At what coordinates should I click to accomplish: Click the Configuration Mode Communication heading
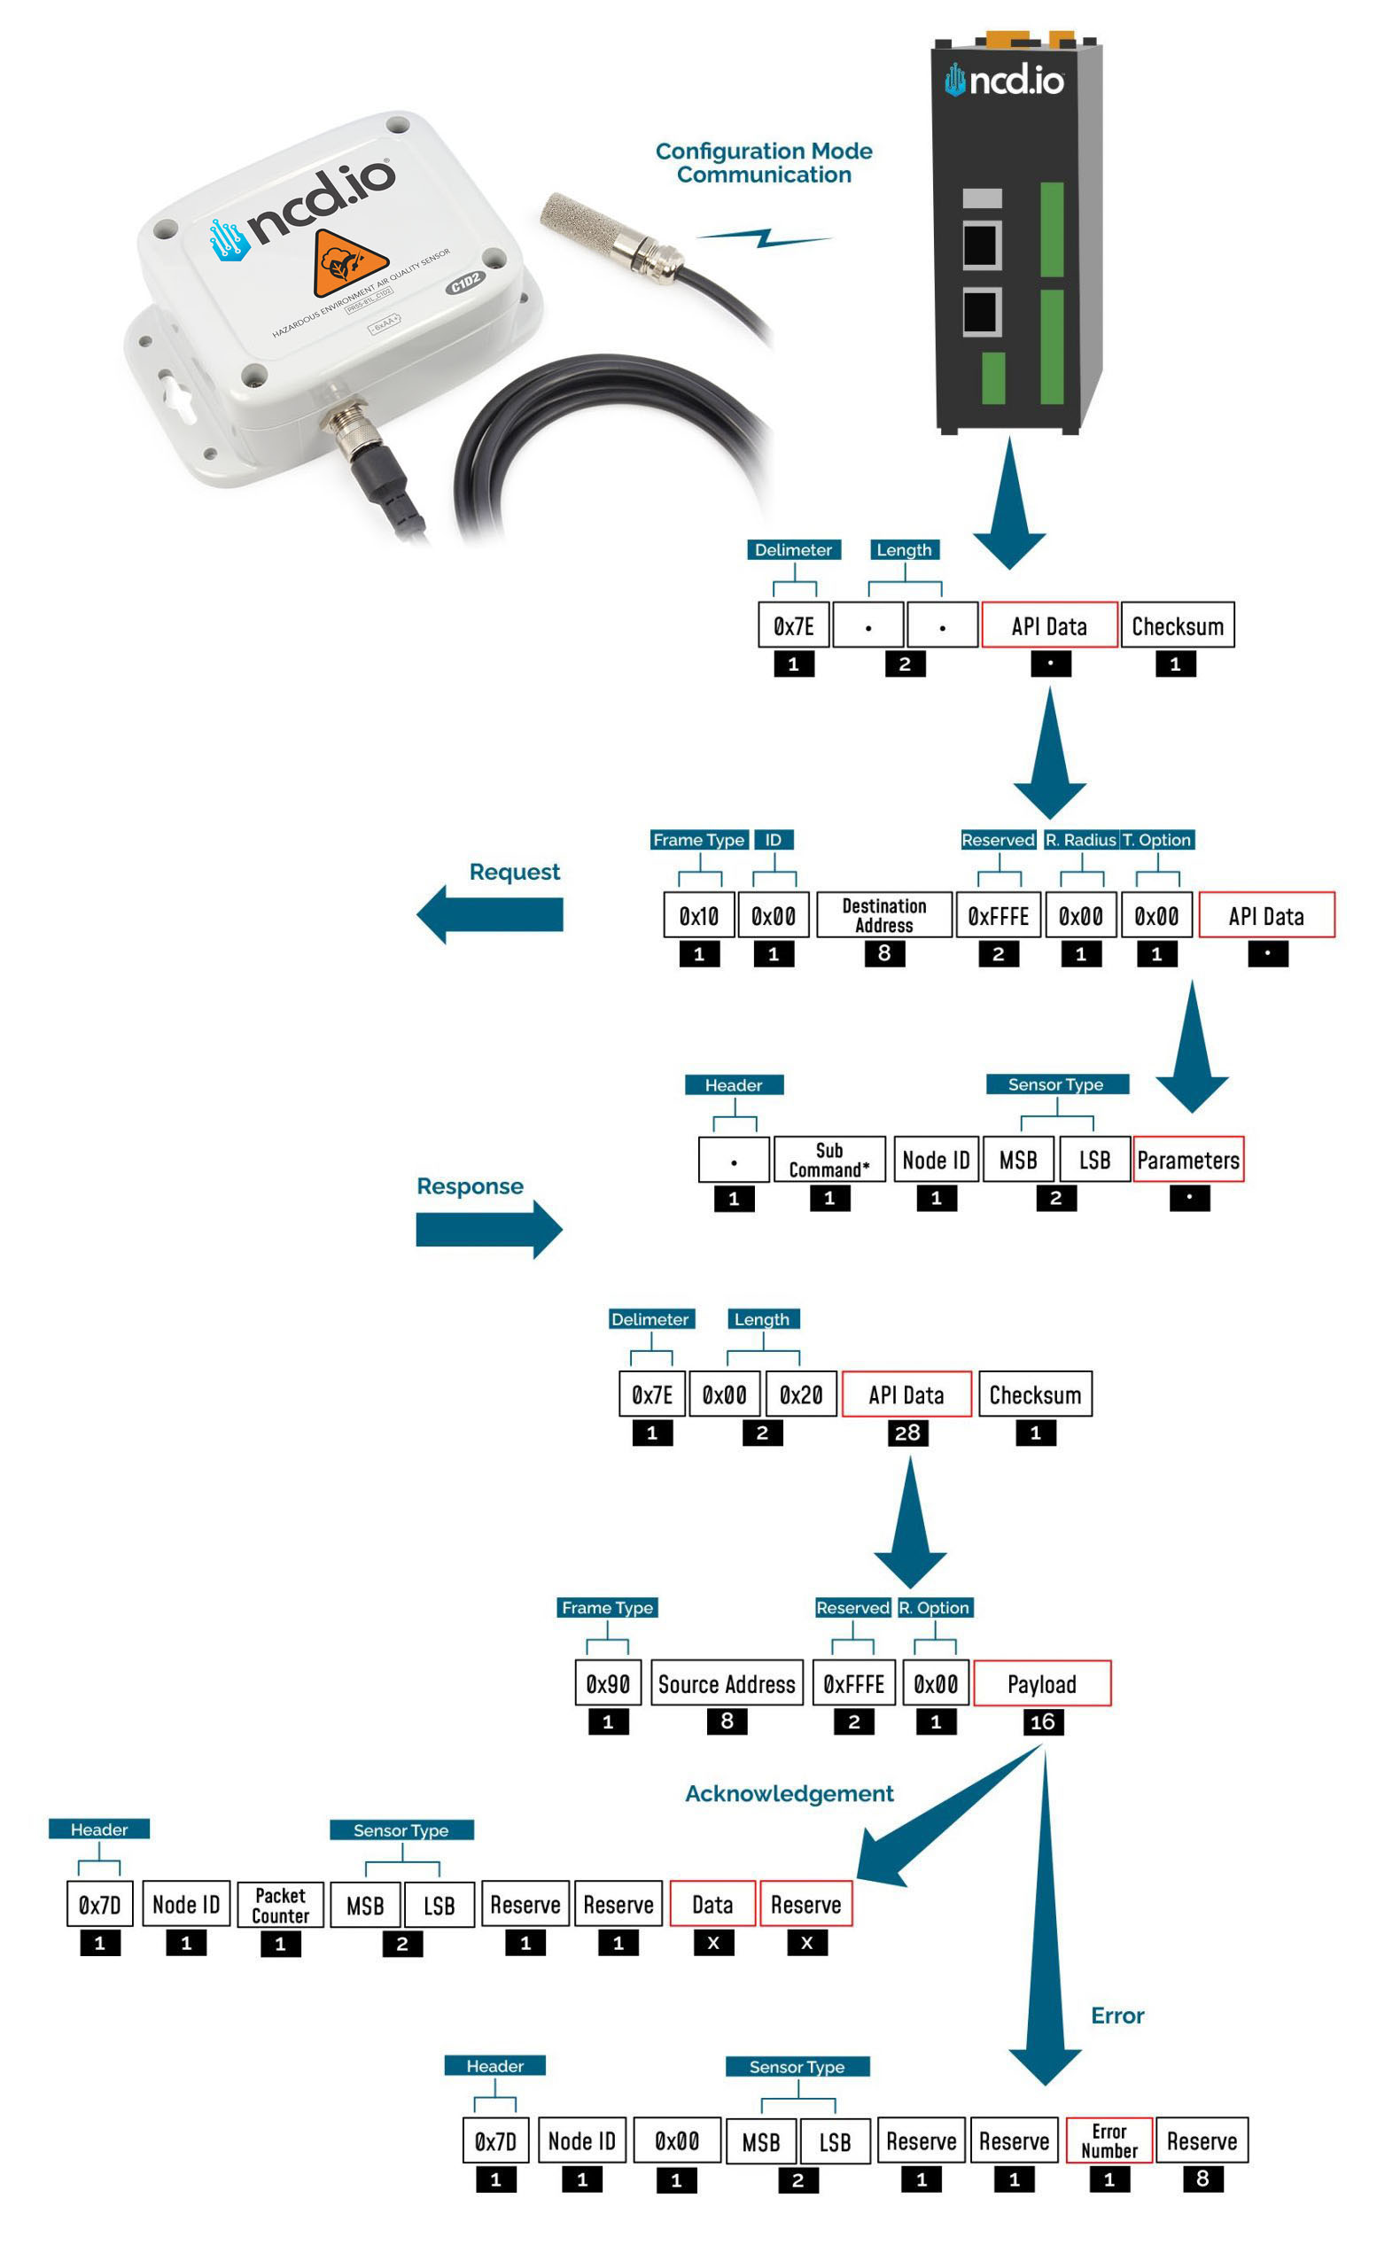coord(763,163)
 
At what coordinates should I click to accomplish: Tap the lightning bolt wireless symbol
coord(763,238)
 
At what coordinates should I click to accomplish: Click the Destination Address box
coord(883,915)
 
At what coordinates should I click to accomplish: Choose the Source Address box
coord(727,1683)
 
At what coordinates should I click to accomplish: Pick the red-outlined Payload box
coord(1041,1683)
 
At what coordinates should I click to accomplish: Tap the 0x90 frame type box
coord(608,1683)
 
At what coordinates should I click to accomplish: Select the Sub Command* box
coord(829,1160)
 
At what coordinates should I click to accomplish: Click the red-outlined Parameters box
coord(1187,1160)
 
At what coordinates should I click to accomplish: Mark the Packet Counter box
coord(281,1906)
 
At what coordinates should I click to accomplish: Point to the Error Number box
coord(1109,2141)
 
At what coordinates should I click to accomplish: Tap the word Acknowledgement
coord(789,1793)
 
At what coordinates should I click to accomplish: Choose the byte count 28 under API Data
coord(906,1433)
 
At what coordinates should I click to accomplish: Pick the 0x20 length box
coord(801,1394)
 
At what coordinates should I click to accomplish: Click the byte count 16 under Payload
coord(1042,1722)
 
